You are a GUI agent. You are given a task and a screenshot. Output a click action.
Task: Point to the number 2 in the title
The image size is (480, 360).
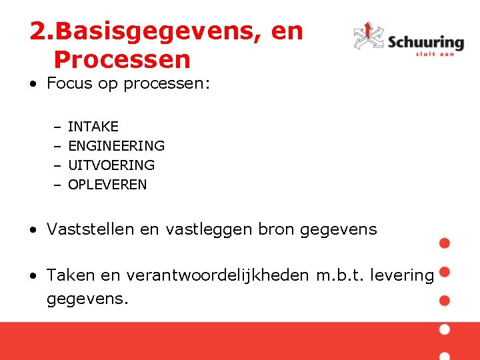38,31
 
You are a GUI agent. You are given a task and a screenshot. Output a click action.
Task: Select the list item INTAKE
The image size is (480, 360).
93,127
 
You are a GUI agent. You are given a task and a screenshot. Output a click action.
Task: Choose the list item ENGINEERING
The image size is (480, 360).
116,146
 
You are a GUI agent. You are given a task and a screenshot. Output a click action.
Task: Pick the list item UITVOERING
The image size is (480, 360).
111,165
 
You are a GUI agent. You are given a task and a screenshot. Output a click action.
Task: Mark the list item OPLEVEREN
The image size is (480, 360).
107,185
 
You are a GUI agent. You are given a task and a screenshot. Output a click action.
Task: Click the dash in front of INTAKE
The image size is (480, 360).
57,127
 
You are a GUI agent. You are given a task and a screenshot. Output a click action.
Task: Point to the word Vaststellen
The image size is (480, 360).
90,229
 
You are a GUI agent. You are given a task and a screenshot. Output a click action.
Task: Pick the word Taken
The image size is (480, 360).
70,275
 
